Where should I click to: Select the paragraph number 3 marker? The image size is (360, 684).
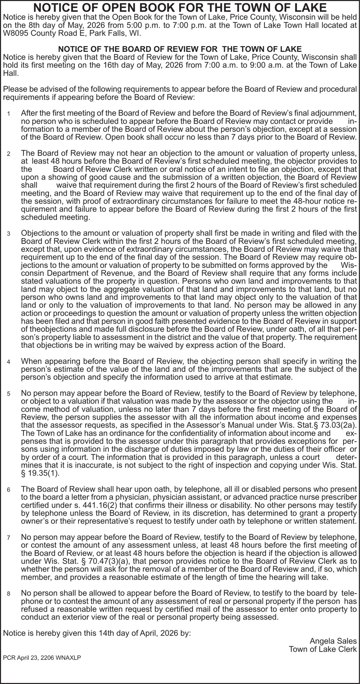[x=8, y=234]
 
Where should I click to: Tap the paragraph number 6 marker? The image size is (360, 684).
[x=8, y=490]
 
